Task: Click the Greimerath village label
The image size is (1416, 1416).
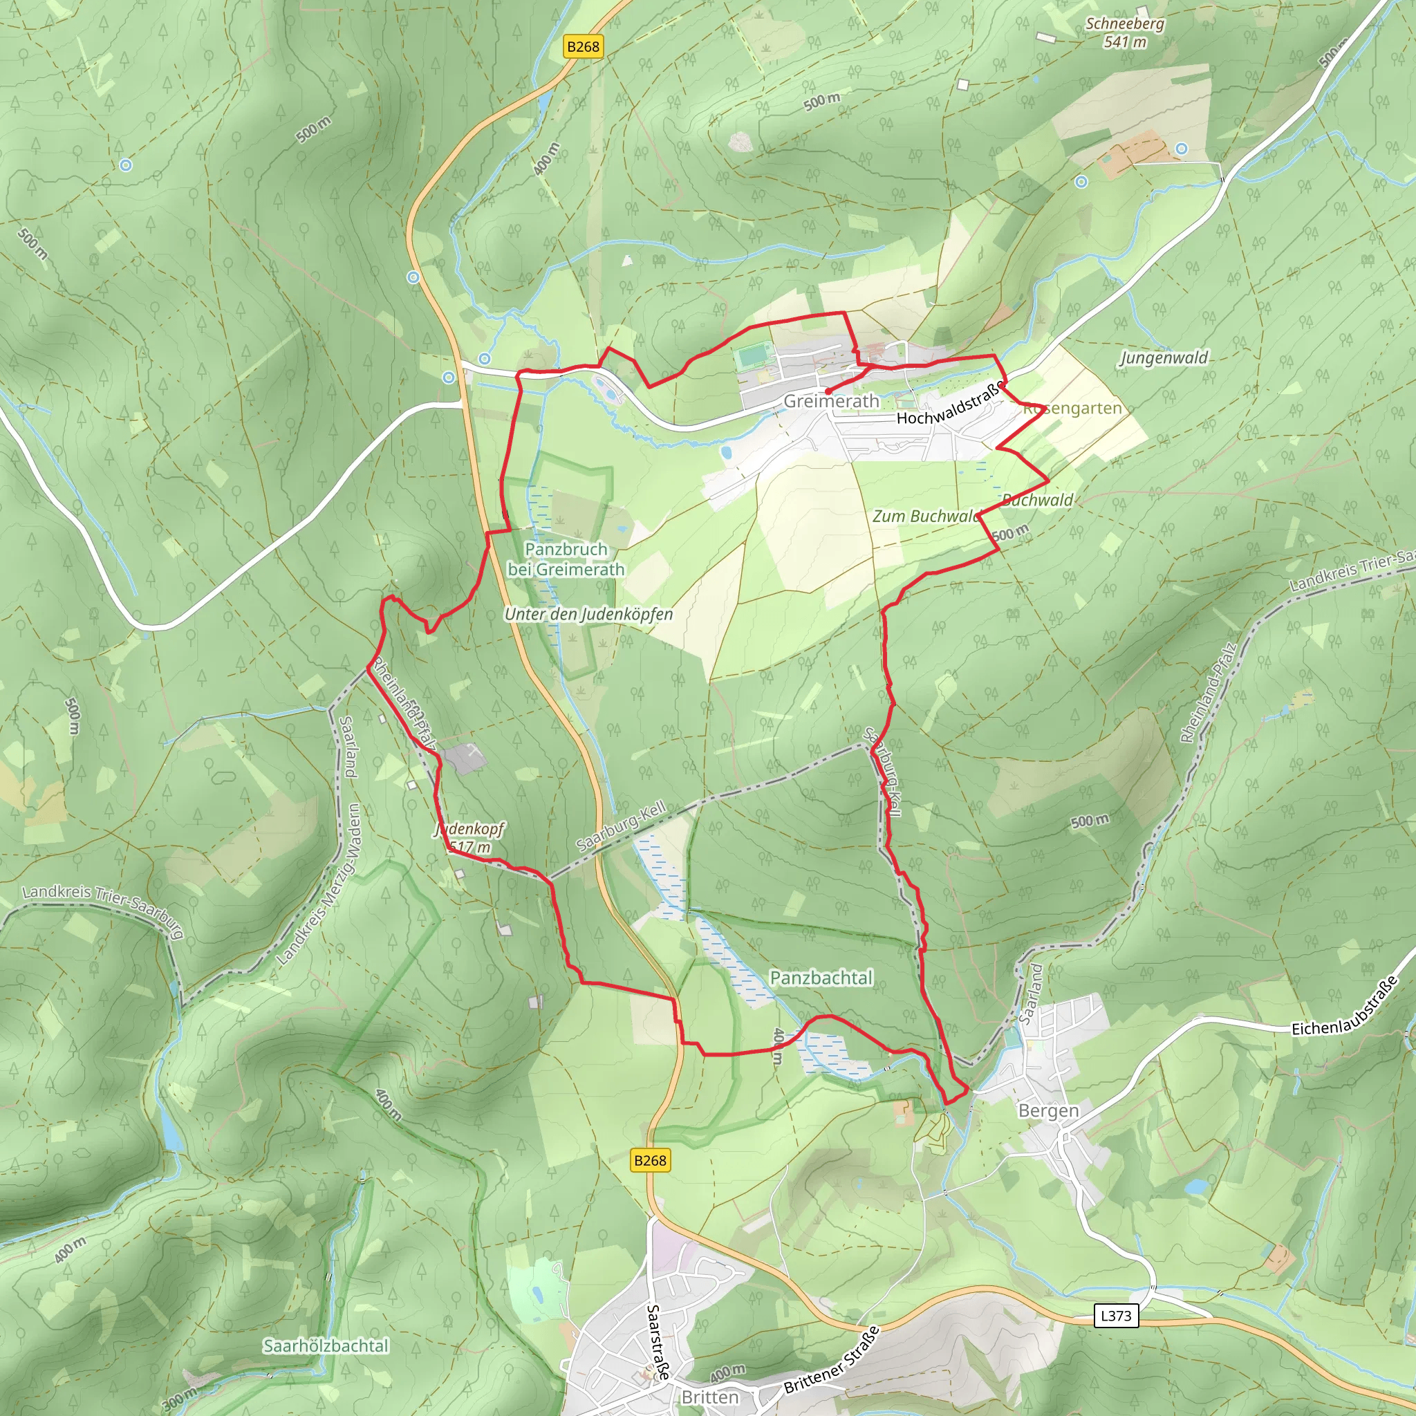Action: click(x=831, y=401)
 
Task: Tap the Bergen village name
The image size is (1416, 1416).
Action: click(x=1048, y=1111)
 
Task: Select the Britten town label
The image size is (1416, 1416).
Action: click(x=709, y=1397)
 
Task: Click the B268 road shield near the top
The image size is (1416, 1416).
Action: click(x=583, y=47)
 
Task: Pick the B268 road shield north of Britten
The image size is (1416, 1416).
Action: click(x=650, y=1160)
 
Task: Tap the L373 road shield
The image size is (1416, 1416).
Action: click(x=1115, y=1316)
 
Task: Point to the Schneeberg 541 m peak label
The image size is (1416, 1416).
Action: click(x=1124, y=32)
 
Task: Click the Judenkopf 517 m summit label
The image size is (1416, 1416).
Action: click(x=469, y=838)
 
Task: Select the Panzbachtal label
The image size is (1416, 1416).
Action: click(x=821, y=978)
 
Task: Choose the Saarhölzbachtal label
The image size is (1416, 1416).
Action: click(x=326, y=1345)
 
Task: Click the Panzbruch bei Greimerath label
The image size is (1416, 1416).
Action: click(x=566, y=559)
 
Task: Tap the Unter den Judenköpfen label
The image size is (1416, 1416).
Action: click(x=588, y=614)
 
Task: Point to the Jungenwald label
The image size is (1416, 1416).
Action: click(x=1163, y=357)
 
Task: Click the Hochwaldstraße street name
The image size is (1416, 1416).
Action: click(x=950, y=404)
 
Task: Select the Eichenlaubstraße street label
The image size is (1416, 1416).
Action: click(x=1344, y=1007)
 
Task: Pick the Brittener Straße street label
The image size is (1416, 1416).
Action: click(x=831, y=1360)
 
